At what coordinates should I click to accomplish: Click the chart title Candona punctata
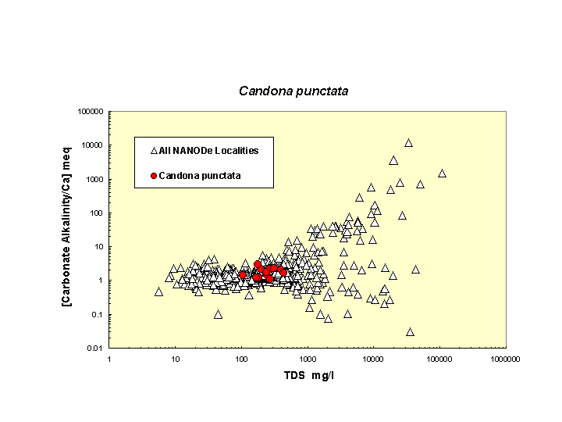point(293,91)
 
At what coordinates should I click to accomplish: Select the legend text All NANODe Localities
point(208,150)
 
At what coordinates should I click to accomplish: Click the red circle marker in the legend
point(154,176)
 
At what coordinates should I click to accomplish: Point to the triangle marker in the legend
point(154,150)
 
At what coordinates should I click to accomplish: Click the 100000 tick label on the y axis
point(91,112)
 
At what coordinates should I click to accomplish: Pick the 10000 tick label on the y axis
point(93,145)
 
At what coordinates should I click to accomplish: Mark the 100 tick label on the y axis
point(97,213)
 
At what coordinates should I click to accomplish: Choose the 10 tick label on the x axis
point(176,359)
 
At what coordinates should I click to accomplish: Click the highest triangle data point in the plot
point(408,143)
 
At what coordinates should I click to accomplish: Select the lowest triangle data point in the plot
point(410,331)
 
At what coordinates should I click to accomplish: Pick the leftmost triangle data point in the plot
point(158,291)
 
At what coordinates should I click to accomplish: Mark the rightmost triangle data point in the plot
point(442,173)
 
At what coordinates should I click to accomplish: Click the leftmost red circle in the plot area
point(243,274)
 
